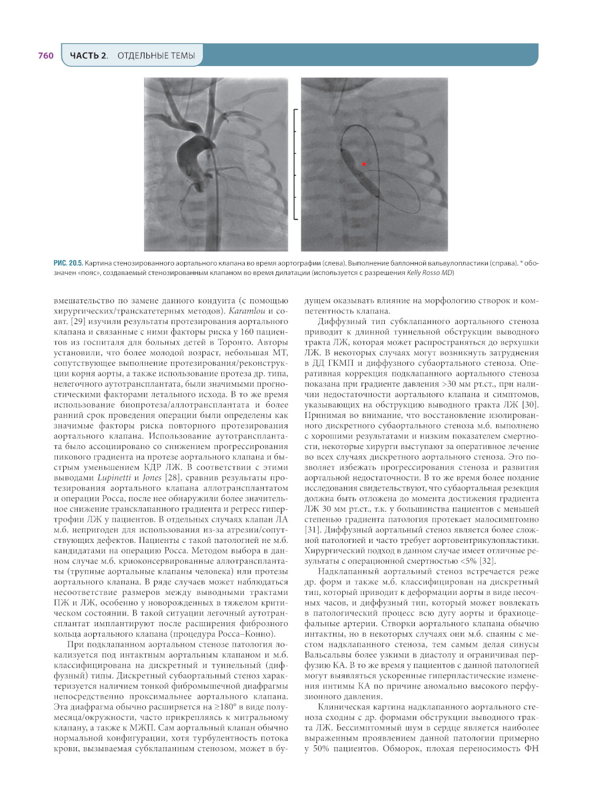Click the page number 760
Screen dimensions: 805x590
point(45,55)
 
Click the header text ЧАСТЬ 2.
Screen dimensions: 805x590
point(88,55)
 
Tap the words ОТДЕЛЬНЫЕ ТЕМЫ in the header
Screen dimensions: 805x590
point(156,55)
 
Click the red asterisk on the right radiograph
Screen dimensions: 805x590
point(364,164)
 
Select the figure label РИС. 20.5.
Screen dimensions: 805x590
point(68,263)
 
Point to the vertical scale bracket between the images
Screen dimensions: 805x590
point(295,164)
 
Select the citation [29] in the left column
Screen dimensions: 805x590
point(78,322)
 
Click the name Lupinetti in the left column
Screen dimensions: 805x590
point(114,477)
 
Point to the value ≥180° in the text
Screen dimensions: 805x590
point(222,706)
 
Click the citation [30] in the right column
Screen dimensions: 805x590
point(530,405)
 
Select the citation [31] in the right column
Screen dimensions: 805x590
point(313,529)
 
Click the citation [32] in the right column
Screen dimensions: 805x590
point(487,561)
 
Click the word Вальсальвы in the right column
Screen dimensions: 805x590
point(327,655)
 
